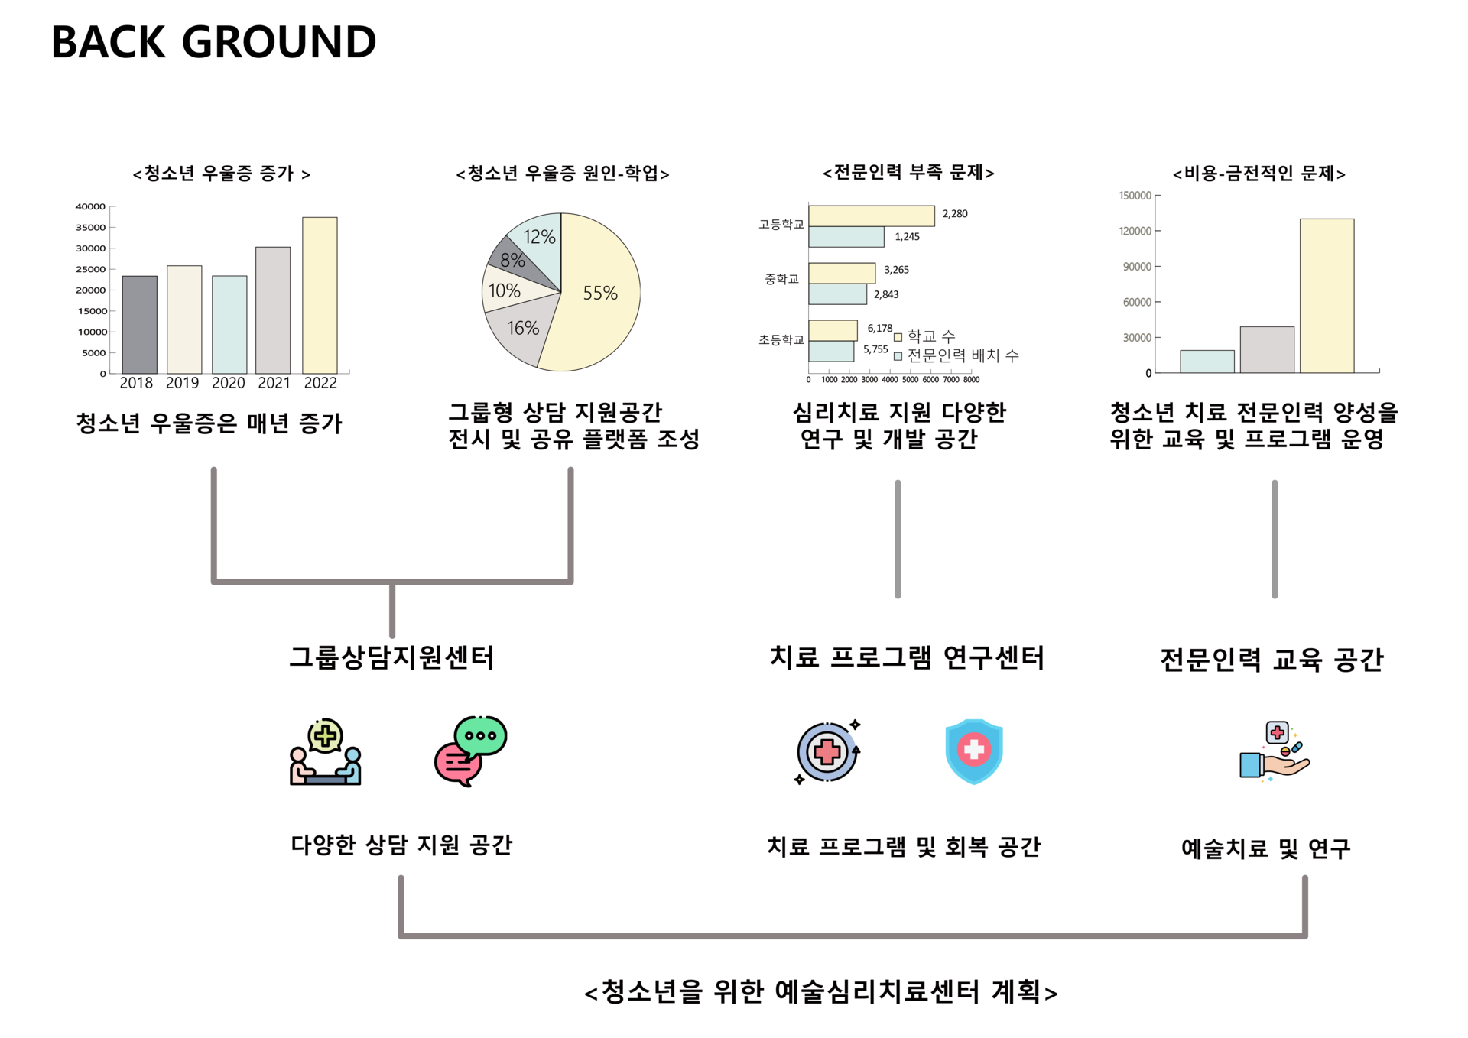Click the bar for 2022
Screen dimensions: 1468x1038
320,295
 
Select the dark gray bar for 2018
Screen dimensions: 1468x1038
139,325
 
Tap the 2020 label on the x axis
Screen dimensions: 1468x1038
228,383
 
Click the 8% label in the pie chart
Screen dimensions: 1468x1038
512,261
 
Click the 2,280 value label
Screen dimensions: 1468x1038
955,214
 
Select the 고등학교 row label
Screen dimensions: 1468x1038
781,225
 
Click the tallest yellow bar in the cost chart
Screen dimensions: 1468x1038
1327,296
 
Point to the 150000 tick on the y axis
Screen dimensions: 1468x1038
1135,196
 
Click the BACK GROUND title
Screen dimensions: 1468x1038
213,42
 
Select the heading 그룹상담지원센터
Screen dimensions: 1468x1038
391,657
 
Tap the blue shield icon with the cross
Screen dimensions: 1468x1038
973,751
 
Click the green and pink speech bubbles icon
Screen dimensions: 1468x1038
470,751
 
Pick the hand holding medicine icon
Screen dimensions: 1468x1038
1275,751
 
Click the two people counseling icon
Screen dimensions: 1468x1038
326,752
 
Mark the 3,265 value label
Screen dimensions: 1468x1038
896,270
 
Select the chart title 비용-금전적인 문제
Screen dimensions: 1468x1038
1259,174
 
